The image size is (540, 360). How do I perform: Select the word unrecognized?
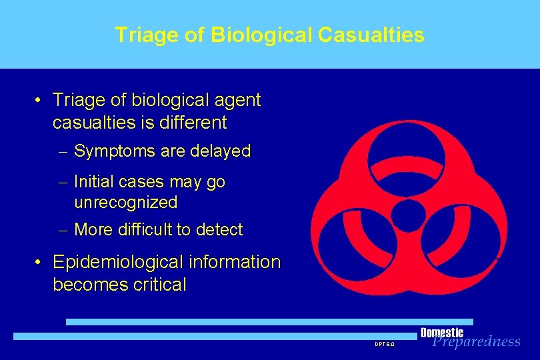(126, 202)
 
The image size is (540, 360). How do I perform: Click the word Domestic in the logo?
(442, 333)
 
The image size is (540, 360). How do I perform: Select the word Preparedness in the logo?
(476, 342)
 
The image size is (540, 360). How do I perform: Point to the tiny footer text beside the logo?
(385, 344)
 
